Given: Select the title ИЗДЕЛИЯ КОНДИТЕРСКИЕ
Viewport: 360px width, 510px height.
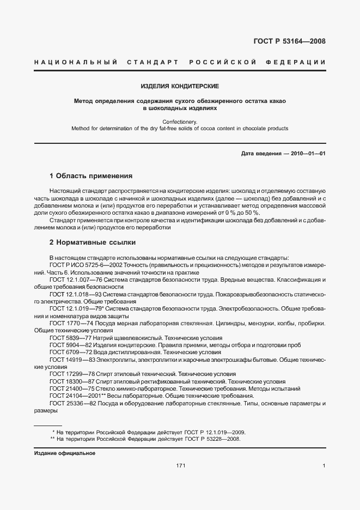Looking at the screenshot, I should (x=180, y=87).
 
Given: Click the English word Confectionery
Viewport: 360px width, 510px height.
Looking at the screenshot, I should (x=180, y=122).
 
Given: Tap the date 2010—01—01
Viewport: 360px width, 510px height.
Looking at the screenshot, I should (x=307, y=154).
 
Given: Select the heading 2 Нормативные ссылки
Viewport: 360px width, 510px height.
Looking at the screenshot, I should (x=93, y=242).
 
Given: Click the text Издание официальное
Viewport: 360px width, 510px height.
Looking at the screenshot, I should (x=64, y=453).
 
